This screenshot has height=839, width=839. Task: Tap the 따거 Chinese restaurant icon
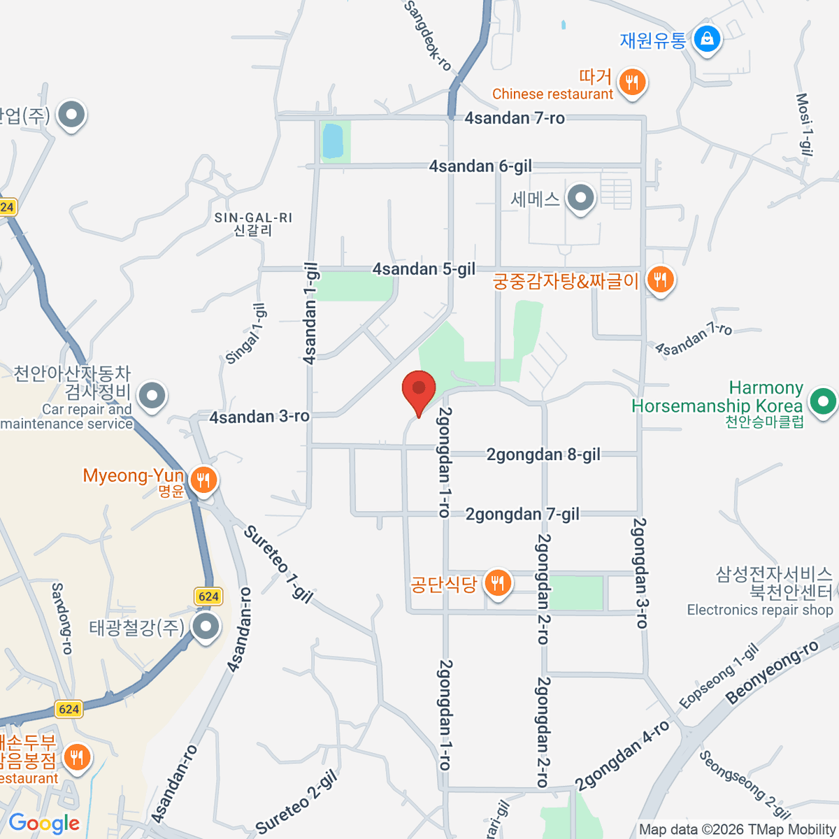click(x=632, y=83)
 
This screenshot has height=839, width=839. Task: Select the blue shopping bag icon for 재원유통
click(x=708, y=39)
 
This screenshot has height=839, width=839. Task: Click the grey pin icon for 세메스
click(x=580, y=199)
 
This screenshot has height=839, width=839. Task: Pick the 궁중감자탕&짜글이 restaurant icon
click(x=659, y=280)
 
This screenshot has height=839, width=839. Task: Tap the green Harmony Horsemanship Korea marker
click(x=823, y=402)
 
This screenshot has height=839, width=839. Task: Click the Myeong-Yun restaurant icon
click(x=203, y=480)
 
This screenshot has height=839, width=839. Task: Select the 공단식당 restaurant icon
click(x=497, y=582)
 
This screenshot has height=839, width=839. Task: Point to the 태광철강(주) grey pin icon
click(x=206, y=626)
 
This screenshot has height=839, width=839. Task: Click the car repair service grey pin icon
click(x=152, y=396)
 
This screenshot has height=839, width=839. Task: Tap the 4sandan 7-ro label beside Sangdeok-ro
click(x=515, y=118)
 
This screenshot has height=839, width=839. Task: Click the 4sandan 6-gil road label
click(x=480, y=166)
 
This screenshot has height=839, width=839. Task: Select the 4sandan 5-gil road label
click(x=424, y=269)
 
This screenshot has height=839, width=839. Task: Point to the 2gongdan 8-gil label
click(x=543, y=455)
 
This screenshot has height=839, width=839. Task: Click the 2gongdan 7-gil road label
click(x=522, y=515)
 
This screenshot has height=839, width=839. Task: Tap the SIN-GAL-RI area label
click(x=253, y=218)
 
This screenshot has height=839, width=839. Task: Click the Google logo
click(x=44, y=824)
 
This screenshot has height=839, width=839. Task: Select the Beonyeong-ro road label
click(x=772, y=673)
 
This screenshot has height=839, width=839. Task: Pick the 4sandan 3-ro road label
click(x=259, y=417)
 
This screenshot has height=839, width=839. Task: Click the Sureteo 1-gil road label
click(x=278, y=564)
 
